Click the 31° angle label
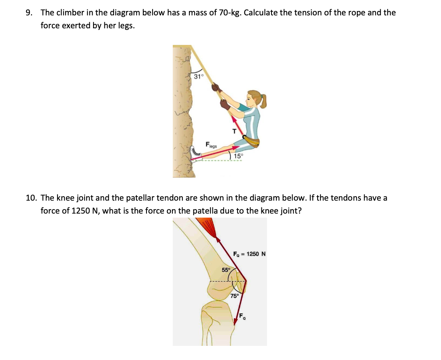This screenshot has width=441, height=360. (199, 76)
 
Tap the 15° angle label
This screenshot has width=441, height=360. (239, 156)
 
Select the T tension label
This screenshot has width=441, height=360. (233, 130)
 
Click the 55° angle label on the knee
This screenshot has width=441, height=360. (225, 269)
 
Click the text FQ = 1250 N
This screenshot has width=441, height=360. (249, 254)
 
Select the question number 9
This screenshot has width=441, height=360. (29, 13)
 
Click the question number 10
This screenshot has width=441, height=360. (31, 198)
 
